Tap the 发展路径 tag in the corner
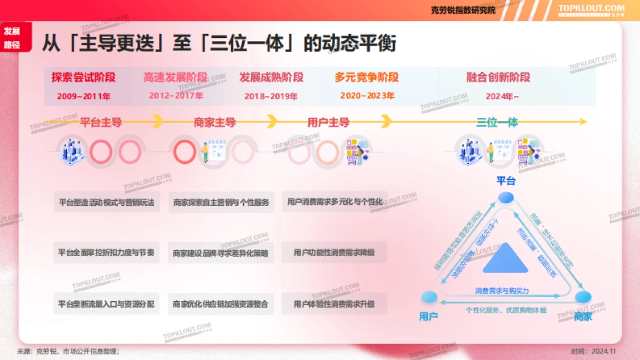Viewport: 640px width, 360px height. (12, 37)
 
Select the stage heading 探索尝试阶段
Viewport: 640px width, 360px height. (83, 77)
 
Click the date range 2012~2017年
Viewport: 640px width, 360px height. (176, 96)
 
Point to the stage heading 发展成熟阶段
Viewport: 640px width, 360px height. (271, 77)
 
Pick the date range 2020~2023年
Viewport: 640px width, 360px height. (367, 96)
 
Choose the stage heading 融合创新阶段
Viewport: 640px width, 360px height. (498, 77)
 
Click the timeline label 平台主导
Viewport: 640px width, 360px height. (101, 123)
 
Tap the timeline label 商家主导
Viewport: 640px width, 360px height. (214, 123)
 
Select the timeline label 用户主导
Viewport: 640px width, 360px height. (329, 123)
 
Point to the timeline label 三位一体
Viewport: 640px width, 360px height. (497, 123)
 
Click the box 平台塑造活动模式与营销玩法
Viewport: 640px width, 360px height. (106, 203)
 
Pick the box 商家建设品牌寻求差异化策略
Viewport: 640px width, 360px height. (220, 253)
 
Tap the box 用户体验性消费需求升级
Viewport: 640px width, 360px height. (334, 304)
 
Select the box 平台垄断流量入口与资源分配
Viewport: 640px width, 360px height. (106, 304)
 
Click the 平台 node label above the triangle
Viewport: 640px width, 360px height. (506, 181)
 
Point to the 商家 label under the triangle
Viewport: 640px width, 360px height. (583, 316)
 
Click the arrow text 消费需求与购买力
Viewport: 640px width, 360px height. (502, 291)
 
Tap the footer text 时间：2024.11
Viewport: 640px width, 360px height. (593, 351)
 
